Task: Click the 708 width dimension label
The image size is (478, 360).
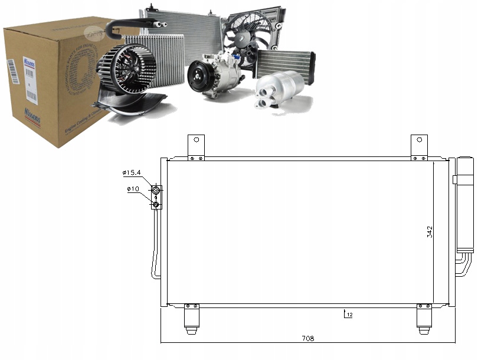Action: click(x=307, y=338)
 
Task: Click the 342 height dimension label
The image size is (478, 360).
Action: click(x=430, y=231)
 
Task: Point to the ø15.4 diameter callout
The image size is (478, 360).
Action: click(x=132, y=173)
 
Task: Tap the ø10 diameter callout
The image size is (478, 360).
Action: click(x=133, y=189)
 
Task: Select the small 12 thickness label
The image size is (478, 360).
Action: click(x=349, y=316)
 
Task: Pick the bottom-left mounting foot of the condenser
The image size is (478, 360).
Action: click(x=192, y=319)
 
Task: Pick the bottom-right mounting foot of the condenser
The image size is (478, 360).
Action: click(x=424, y=319)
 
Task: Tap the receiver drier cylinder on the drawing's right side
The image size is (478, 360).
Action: click(x=464, y=204)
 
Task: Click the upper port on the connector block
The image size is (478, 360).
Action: click(x=156, y=190)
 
